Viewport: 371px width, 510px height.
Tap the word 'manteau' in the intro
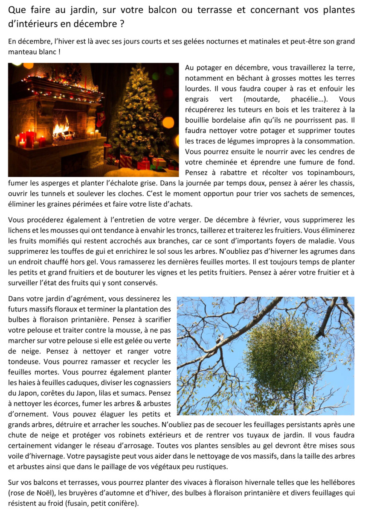23,52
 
